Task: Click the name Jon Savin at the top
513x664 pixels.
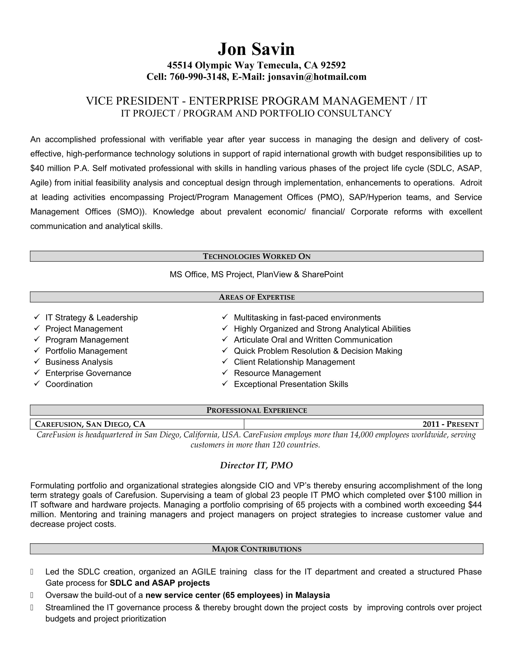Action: [x=256, y=49]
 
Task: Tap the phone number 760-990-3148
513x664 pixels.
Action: [x=199, y=77]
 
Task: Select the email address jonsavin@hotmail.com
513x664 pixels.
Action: [x=317, y=77]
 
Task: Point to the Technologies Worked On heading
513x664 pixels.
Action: [x=256, y=256]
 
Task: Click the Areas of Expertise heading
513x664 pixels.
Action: [x=256, y=297]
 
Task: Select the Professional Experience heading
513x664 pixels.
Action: [x=256, y=410]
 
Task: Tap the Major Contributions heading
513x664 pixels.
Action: [x=256, y=549]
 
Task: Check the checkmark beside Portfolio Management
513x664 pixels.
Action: [x=37, y=350]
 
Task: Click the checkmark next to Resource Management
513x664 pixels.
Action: [x=225, y=373]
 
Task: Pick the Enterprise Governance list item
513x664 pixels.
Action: [x=88, y=373]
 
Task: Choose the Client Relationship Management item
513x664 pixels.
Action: [x=294, y=362]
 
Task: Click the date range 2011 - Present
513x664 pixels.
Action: [x=451, y=424]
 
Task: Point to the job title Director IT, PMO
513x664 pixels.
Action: [x=256, y=465]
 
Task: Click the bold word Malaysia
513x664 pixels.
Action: [x=312, y=595]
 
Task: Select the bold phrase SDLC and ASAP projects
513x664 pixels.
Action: [x=160, y=583]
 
